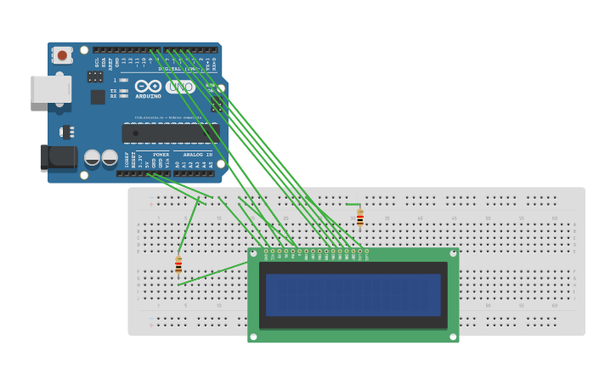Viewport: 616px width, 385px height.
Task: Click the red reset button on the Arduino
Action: click(x=62, y=55)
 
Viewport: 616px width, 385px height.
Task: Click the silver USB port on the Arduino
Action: click(x=50, y=89)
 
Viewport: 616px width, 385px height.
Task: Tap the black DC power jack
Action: click(x=59, y=157)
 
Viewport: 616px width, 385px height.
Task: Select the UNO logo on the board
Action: click(x=180, y=87)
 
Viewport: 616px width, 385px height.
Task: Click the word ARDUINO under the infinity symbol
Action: click(x=148, y=96)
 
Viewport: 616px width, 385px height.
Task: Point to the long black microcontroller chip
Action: click(x=170, y=133)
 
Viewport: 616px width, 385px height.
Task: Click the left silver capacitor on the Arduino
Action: click(x=93, y=157)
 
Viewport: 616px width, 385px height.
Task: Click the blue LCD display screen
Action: click(x=353, y=295)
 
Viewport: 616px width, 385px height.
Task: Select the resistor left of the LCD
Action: click(x=178, y=265)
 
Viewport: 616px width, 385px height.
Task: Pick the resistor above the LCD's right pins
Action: click(x=360, y=219)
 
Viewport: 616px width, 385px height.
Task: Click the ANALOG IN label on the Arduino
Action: click(x=198, y=155)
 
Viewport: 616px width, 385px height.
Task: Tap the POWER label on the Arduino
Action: click(x=161, y=155)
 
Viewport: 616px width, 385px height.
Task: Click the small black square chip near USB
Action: click(x=98, y=96)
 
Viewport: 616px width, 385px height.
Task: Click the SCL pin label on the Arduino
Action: click(x=97, y=63)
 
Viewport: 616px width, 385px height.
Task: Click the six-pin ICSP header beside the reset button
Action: click(x=95, y=76)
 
